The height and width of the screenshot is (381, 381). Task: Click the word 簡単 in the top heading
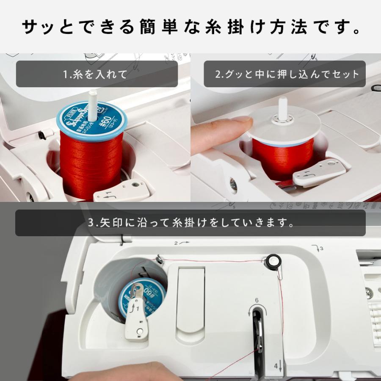coord(149,28)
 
